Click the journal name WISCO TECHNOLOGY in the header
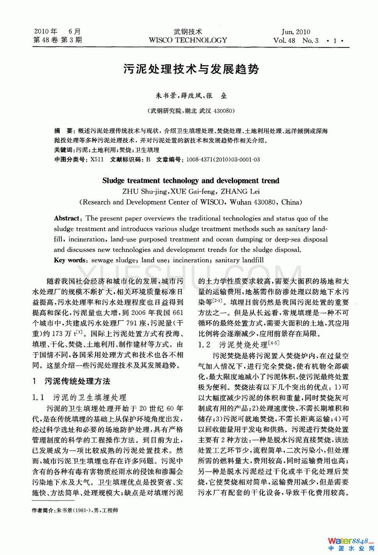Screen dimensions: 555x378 click(x=188, y=40)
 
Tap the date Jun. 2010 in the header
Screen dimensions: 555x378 click(x=296, y=32)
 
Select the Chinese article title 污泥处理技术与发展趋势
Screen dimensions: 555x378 click(x=191, y=69)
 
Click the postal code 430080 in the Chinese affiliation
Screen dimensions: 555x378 click(x=223, y=111)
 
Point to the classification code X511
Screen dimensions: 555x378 click(x=97, y=159)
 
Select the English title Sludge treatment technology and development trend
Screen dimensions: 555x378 click(x=191, y=180)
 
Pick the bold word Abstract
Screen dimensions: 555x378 click(x=67, y=218)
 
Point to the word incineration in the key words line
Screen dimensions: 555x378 click(x=191, y=260)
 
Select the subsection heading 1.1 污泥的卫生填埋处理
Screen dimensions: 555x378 click(x=79, y=397)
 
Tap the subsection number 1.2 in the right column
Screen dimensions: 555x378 click(x=204, y=345)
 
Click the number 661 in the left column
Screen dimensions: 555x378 click(x=177, y=312)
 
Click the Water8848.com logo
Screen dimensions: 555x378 click(x=350, y=544)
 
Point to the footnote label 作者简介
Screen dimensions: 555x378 click(x=43, y=510)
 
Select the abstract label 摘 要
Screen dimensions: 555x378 click(x=64, y=131)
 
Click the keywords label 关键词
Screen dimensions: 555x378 click(x=64, y=150)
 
